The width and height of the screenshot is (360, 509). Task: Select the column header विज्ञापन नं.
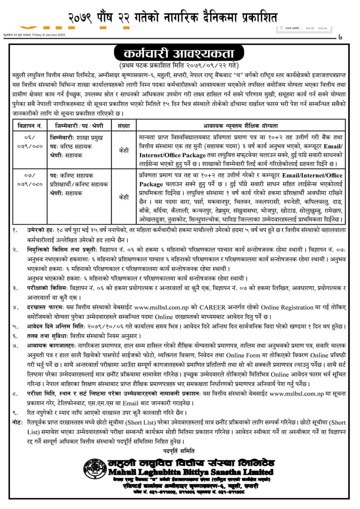point(30,126)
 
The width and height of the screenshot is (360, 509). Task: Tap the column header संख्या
point(124,126)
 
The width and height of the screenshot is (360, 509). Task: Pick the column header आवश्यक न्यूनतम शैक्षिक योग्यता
point(240,126)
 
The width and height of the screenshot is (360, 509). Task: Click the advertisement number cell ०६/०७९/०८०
point(30,142)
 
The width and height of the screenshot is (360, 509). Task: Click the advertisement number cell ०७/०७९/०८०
point(30,180)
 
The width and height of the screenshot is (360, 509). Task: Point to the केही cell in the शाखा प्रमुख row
point(124,150)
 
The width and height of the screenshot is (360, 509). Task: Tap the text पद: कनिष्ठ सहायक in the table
point(72,176)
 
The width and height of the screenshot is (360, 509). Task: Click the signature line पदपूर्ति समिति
point(179,451)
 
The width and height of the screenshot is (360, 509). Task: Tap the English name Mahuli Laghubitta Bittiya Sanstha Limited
point(191,472)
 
